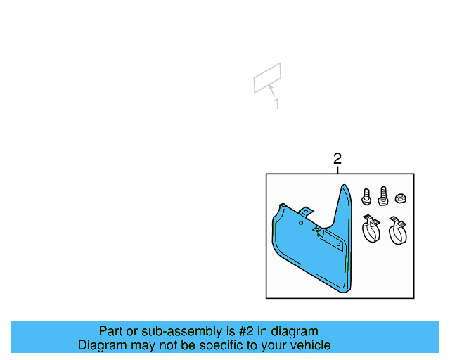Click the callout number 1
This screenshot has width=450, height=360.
(277, 104)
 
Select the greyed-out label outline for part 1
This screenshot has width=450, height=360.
(267, 77)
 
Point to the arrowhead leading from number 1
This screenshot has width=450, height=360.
(271, 87)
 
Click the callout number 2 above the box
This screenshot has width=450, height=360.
(337, 159)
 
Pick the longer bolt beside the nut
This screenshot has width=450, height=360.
(382, 194)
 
